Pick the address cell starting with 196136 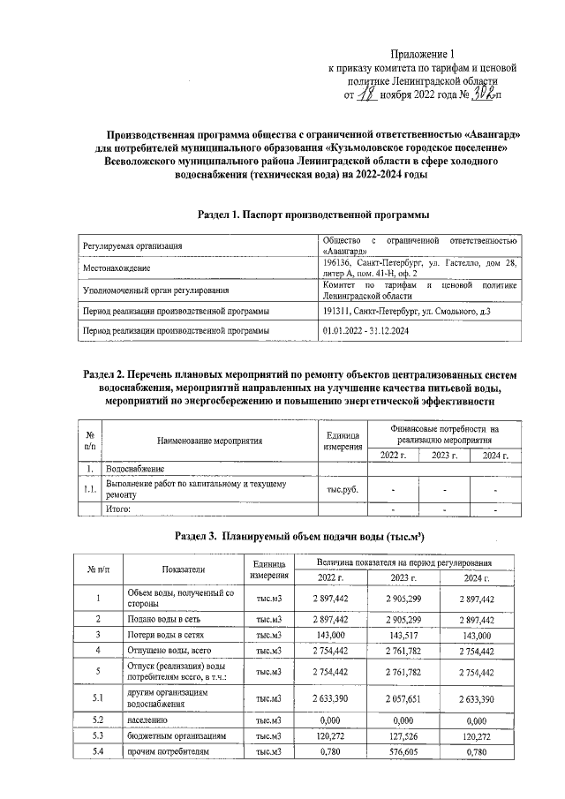pos(420,268)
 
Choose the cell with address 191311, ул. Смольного pos(402,311)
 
